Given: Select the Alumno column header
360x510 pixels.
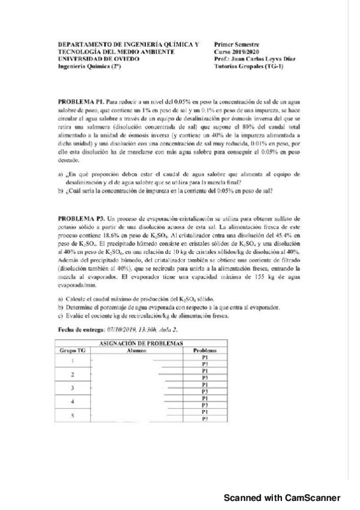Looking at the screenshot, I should pos(138,349).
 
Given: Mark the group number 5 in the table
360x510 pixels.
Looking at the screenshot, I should pos(73,414).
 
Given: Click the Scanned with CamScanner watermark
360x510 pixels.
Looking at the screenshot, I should pos(282,497).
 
